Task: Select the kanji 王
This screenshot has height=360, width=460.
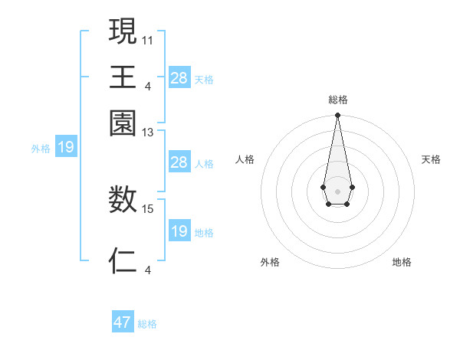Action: pos(123,77)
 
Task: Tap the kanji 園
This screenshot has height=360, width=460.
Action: pos(123,123)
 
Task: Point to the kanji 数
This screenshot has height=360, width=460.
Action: pos(123,201)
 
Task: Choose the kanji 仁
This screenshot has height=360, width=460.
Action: pos(123,261)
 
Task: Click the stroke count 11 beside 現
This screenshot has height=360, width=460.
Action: pos(148,39)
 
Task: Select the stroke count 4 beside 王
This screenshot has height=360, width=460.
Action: pos(148,85)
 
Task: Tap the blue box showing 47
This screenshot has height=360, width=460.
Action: pos(123,322)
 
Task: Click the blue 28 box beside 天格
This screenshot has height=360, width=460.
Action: pos(179,77)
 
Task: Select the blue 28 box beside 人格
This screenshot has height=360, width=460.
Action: pos(179,162)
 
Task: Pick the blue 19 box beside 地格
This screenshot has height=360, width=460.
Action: pos(179,231)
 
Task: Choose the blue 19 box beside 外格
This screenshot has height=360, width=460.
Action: pos(66,147)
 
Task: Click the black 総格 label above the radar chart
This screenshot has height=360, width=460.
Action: pos(337,100)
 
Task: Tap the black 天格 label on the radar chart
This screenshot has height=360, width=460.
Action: pos(431,159)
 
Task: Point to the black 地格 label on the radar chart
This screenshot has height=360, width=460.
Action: pos(402,262)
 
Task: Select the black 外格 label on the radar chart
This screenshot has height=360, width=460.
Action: pos(270,262)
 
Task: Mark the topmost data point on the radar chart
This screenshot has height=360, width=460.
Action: pos(337,116)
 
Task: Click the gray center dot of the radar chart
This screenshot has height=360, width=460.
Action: pos(337,190)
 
